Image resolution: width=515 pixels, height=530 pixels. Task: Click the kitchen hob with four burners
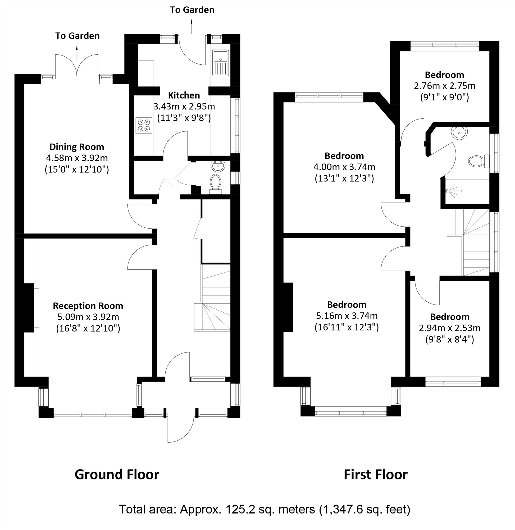[x=144, y=125]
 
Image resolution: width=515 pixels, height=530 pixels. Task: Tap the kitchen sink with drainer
[x=221, y=63]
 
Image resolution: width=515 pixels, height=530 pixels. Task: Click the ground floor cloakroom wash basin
[x=218, y=166]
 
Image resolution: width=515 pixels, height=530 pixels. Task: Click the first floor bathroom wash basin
[x=459, y=133]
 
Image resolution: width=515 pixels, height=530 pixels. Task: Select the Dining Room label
[x=77, y=147]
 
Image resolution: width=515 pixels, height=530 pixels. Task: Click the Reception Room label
[x=88, y=306]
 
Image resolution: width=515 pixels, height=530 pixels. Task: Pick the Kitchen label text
[x=184, y=95]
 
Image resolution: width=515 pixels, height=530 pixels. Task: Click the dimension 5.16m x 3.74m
[x=347, y=316]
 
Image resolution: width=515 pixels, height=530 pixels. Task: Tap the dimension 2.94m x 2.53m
[x=450, y=328]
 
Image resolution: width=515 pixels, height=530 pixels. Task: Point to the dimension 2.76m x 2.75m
[x=444, y=86]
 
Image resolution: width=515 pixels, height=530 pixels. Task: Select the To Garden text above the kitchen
[x=192, y=10]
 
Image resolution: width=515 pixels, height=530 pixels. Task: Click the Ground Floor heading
[x=117, y=474]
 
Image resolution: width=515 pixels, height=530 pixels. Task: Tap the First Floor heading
[x=375, y=474]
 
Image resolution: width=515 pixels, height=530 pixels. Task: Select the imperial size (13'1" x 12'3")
[x=344, y=178]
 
